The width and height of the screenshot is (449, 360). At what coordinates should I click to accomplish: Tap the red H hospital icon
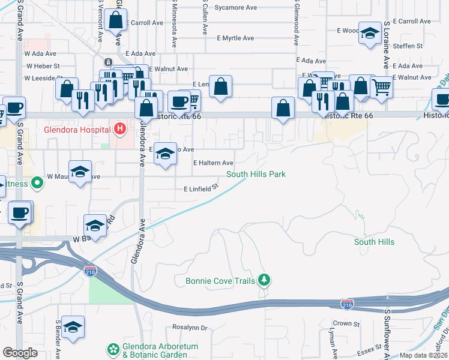120,128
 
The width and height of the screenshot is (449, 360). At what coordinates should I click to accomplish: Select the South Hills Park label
256,175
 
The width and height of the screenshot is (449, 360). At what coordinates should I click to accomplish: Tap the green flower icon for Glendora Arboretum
113,349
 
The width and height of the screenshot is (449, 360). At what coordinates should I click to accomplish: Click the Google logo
20,353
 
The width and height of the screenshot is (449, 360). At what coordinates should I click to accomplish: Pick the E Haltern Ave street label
213,163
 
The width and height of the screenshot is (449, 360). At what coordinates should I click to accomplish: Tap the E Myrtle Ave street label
235,38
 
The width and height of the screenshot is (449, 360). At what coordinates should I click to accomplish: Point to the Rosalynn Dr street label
189,328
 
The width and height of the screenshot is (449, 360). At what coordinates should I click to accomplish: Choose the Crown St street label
346,324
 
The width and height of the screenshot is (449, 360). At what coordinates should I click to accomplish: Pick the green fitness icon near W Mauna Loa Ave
37,181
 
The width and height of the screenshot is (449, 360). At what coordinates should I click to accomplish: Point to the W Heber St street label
42,66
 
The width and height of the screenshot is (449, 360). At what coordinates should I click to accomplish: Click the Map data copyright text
423,355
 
